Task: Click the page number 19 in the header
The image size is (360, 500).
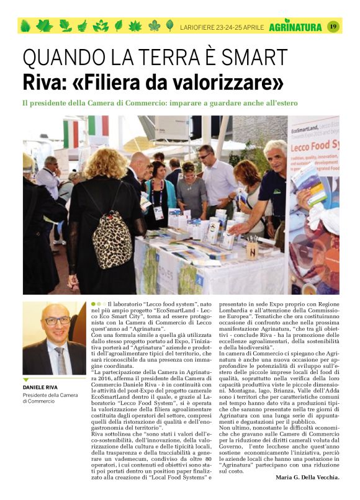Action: [333, 26]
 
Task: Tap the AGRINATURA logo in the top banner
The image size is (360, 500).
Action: [295, 27]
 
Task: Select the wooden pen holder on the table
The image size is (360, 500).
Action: [252, 250]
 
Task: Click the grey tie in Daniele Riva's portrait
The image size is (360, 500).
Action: [60, 360]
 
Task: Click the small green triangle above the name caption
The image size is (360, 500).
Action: [26, 380]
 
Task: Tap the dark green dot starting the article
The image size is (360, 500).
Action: [93, 304]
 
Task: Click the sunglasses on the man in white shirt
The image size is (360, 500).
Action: [204, 156]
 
